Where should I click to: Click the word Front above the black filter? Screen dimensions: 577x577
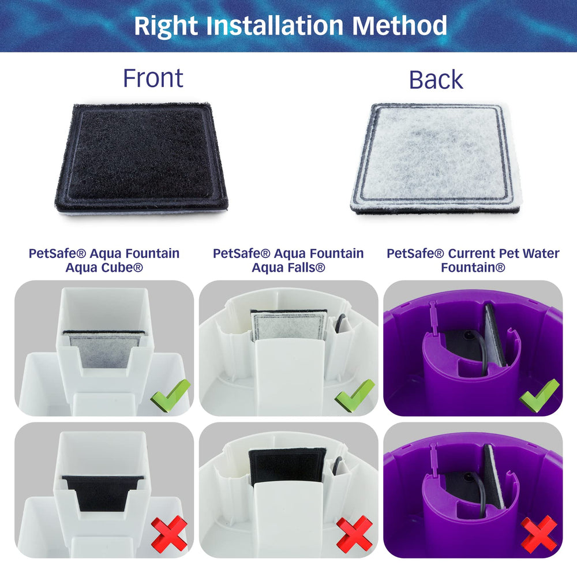click(153, 78)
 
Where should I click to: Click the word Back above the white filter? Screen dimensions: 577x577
click(436, 80)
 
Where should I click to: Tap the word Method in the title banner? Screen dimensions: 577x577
click(399, 25)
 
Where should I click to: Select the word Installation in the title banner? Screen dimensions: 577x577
click(275, 25)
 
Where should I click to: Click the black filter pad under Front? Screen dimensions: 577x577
click(142, 158)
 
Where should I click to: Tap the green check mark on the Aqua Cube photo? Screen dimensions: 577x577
click(171, 396)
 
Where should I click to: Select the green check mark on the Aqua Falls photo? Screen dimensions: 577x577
click(355, 396)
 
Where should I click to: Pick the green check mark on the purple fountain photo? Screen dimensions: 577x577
click(539, 396)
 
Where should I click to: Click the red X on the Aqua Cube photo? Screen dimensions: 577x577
click(169, 533)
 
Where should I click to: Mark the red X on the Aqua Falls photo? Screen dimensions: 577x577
click(354, 534)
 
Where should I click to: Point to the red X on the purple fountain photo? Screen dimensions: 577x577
click(539, 534)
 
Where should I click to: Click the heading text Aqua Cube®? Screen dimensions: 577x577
click(104, 268)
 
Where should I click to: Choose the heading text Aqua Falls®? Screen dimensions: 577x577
click(288, 268)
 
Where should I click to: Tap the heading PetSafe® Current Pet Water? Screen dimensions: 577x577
click(473, 253)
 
